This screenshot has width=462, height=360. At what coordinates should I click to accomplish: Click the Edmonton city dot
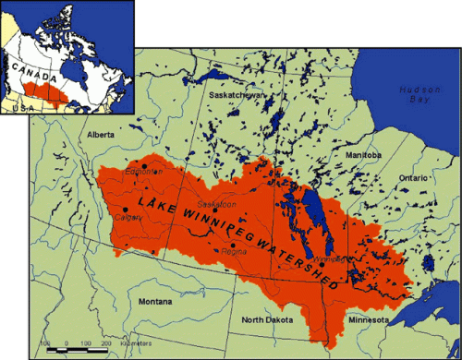(x=144, y=165)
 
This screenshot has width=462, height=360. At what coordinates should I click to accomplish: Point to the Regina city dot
(x=233, y=245)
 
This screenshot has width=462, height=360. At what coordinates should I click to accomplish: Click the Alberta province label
(x=100, y=135)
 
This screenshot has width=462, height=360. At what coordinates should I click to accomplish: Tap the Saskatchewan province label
(x=237, y=95)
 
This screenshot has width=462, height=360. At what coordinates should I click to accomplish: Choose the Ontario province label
(x=413, y=175)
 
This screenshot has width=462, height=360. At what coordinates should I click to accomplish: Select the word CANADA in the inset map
(x=30, y=67)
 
